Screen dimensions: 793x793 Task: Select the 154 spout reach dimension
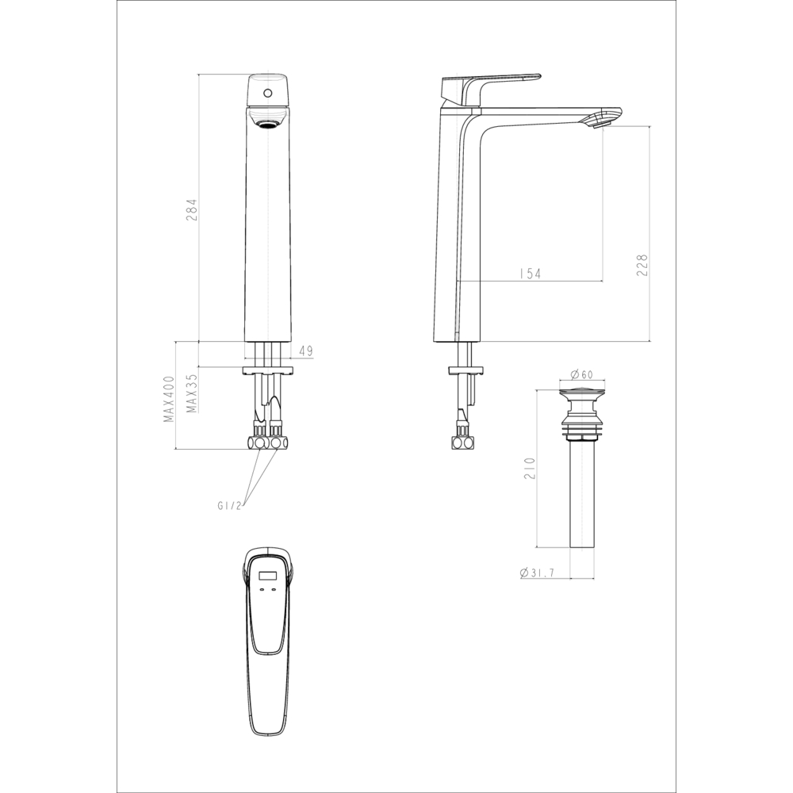tap(529, 274)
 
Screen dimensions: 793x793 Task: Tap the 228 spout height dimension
tap(642, 264)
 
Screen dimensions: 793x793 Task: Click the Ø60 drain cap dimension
tap(583, 375)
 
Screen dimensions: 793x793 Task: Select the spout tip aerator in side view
tap(601, 120)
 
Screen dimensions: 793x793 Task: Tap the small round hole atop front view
tap(268, 94)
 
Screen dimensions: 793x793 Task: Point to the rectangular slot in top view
tap(269, 578)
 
